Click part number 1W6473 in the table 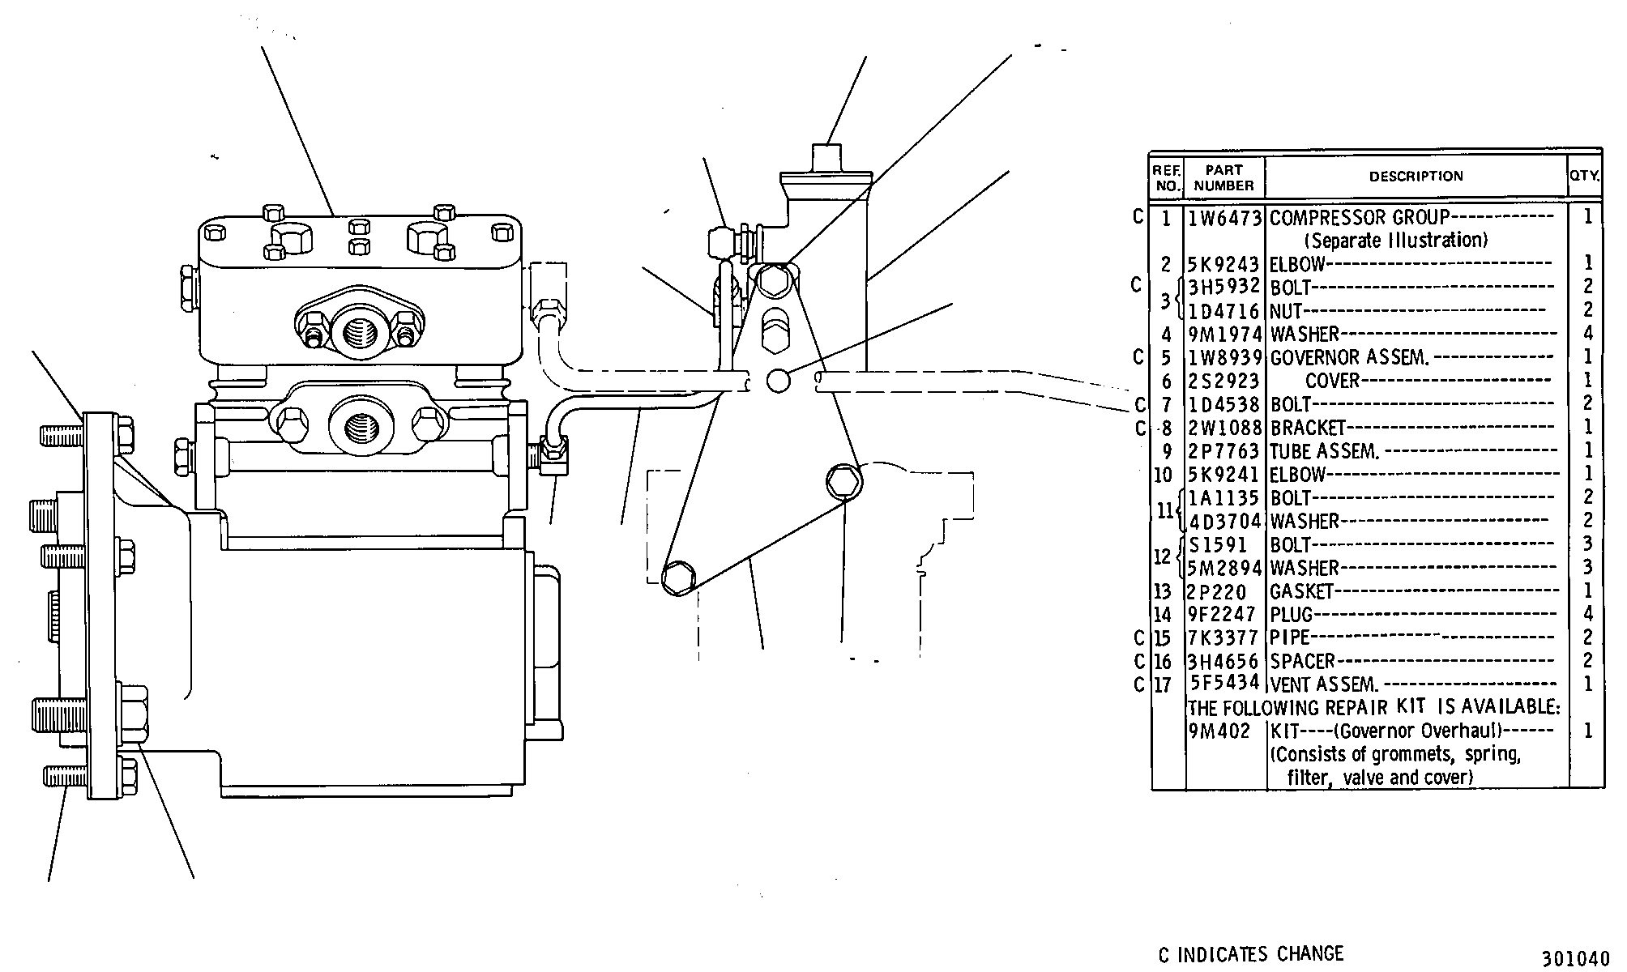pyautogui.click(x=1225, y=218)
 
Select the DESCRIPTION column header pyautogui.click(x=1416, y=176)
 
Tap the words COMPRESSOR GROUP pyautogui.click(x=1359, y=218)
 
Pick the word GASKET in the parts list pyautogui.click(x=1301, y=591)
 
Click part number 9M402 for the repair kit pyautogui.click(x=1219, y=731)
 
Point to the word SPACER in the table pyautogui.click(x=1302, y=661)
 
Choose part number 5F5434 pyautogui.click(x=1225, y=683)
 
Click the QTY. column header pyautogui.click(x=1586, y=176)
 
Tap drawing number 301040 pyautogui.click(x=1575, y=958)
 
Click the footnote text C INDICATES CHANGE pyautogui.click(x=1251, y=954)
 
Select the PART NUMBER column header pyautogui.click(x=1223, y=177)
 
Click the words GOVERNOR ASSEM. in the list pyautogui.click(x=1349, y=357)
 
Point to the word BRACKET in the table pyautogui.click(x=1307, y=427)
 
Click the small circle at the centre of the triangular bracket pyautogui.click(x=778, y=380)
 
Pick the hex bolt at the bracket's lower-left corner pyautogui.click(x=677, y=578)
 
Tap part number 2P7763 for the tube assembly pyautogui.click(x=1225, y=450)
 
